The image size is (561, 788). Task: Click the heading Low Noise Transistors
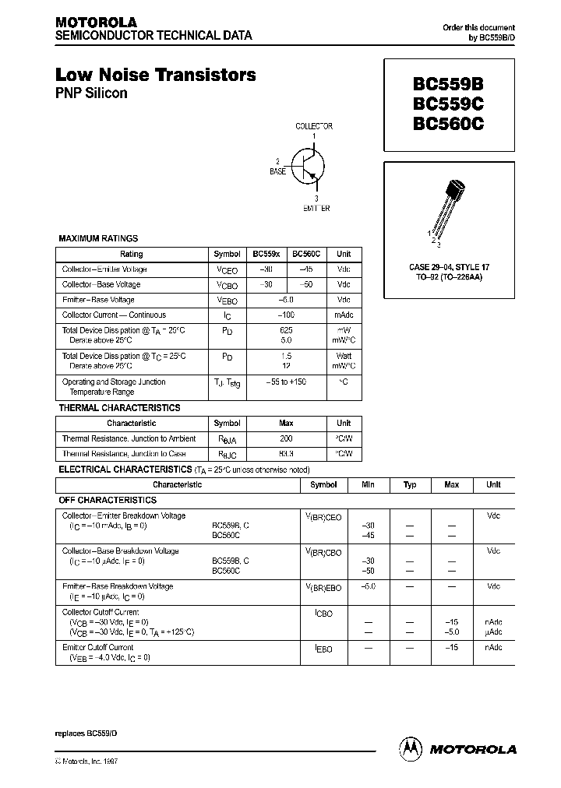tap(155, 76)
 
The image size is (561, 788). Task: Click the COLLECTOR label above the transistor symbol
tap(314, 126)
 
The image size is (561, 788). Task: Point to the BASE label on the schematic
tap(277, 171)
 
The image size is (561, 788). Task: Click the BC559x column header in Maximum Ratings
tap(266, 254)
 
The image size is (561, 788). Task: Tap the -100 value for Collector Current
tap(286, 315)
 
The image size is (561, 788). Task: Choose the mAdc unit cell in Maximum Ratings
tap(344, 315)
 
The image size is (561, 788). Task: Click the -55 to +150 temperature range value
tap(286, 382)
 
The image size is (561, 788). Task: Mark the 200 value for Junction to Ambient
tap(286, 438)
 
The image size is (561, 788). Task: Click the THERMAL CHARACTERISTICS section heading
tap(119, 408)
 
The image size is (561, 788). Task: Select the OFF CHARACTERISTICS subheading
tap(109, 501)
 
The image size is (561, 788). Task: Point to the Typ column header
tap(410, 484)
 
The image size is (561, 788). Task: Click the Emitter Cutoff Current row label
tap(97, 647)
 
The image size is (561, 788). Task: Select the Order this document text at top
tap(478, 27)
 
